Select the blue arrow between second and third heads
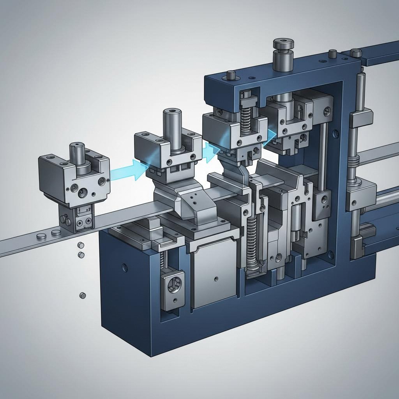210,150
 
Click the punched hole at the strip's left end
40,236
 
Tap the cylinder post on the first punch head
77,154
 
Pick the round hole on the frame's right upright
335,135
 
